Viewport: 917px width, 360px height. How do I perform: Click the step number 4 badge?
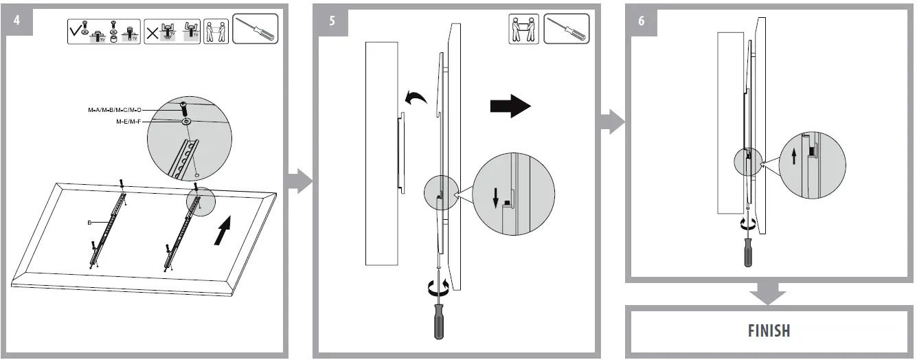pyautogui.click(x=16, y=19)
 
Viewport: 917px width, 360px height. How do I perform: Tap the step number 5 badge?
pyautogui.click(x=332, y=20)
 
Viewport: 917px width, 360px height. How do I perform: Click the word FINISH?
pyautogui.click(x=769, y=330)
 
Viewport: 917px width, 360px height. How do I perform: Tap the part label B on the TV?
pyautogui.click(x=90, y=223)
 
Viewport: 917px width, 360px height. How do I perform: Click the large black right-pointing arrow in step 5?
pyautogui.click(x=510, y=106)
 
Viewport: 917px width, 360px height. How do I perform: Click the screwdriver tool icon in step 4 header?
pyautogui.click(x=255, y=29)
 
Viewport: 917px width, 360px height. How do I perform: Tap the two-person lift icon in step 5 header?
pyautogui.click(x=523, y=30)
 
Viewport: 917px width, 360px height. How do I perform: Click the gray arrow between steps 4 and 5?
pyautogui.click(x=299, y=182)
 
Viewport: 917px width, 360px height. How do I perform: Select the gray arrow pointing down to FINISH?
pyautogui.click(x=767, y=293)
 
